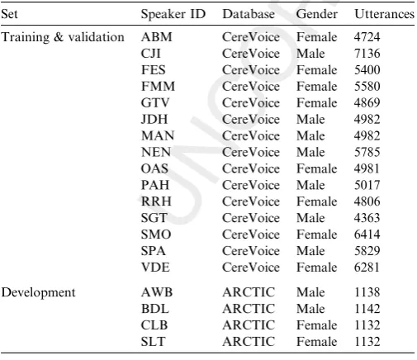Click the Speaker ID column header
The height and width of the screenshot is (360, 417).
[x=173, y=14]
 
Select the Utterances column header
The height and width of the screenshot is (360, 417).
[x=384, y=14]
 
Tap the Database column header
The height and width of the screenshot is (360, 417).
[x=249, y=14]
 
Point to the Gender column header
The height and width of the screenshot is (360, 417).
[x=316, y=14]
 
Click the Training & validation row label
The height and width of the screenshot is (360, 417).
[x=63, y=37]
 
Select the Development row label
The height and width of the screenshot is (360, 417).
[x=38, y=292]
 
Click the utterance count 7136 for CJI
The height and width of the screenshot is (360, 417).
[x=367, y=54]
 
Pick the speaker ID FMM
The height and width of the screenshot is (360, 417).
[x=158, y=87]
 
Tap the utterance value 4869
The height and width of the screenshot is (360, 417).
[x=367, y=102]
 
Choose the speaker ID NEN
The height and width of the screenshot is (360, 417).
[x=156, y=152]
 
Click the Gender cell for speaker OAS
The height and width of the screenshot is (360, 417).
[x=316, y=168]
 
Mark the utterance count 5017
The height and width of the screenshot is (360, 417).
[x=367, y=185]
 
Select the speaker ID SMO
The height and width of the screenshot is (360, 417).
[x=156, y=234]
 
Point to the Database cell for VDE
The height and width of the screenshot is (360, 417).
[x=251, y=268]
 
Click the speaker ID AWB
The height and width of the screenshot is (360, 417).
[x=157, y=292]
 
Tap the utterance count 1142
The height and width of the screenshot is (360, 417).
[x=367, y=309]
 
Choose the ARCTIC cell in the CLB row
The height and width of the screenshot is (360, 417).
[x=249, y=325]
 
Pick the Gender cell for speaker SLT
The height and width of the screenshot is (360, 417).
[x=316, y=342]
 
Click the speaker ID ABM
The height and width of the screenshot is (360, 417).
[x=156, y=37]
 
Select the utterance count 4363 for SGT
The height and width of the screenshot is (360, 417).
[x=367, y=218]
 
